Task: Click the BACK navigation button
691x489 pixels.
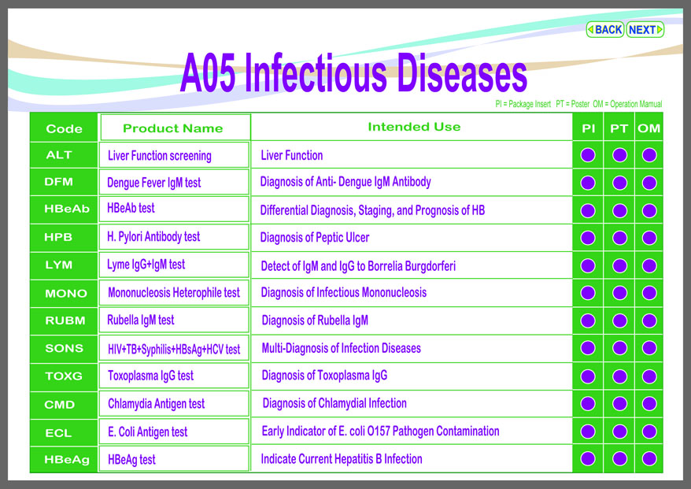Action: pos(604,30)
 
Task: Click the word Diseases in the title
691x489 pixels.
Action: pos(462,72)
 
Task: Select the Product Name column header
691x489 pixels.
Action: pos(173,128)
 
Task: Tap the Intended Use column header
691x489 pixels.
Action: pos(414,127)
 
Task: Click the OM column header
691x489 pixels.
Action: pos(649,128)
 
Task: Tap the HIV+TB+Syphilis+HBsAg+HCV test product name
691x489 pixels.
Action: pos(174,349)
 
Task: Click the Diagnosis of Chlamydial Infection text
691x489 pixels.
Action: pos(334,403)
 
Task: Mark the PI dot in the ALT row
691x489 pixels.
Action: pos(588,155)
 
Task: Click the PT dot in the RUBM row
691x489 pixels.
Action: pos(619,320)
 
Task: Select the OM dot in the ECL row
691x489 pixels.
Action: pos(649,432)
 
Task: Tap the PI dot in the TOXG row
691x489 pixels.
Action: pos(588,376)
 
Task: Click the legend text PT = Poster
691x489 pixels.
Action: pos(572,104)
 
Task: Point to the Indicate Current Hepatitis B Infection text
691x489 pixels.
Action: pos(342,459)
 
